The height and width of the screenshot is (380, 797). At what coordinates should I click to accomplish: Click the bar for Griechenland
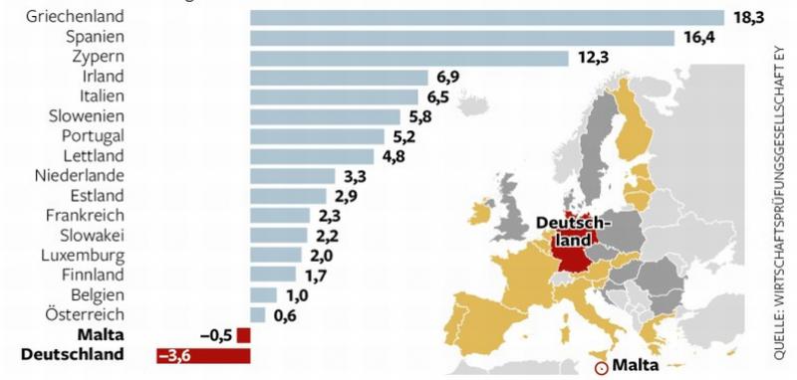486,17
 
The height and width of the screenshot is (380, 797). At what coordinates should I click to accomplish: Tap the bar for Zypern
408,57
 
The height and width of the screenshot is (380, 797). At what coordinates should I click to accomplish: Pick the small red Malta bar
244,335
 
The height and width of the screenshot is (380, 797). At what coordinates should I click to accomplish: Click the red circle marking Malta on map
601,366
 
